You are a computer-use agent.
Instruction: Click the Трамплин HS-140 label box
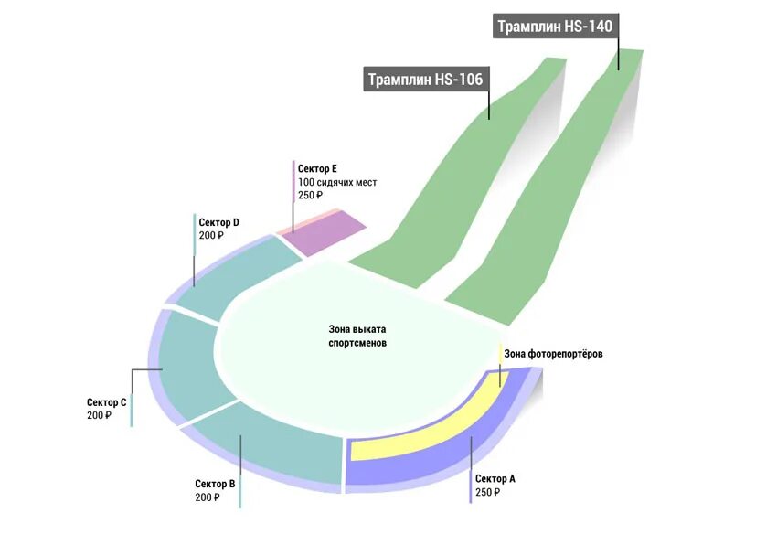[554, 26]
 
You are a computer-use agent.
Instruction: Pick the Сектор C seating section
[187, 366]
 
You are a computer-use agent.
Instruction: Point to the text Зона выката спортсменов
[357, 336]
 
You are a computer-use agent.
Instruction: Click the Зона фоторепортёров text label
[554, 354]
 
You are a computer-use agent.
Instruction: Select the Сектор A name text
[495, 478]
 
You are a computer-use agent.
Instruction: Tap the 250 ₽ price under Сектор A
[488, 492]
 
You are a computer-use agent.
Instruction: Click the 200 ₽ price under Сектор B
[208, 497]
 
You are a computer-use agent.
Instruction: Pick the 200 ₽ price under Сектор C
[100, 415]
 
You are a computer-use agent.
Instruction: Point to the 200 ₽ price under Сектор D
[211, 236]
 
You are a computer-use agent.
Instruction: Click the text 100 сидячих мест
[337, 183]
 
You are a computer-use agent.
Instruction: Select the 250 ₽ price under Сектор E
[312, 196]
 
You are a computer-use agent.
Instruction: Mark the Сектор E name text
[318, 169]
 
